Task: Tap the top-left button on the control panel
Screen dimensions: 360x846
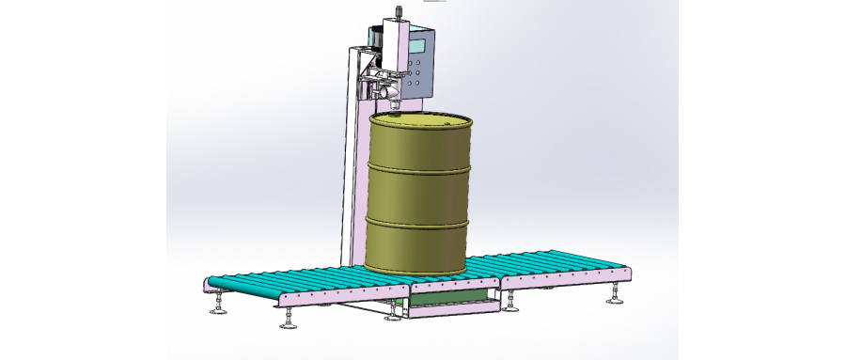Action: coord(411,64)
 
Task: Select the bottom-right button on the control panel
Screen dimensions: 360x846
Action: coord(418,83)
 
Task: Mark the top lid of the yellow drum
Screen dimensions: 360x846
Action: coord(419,121)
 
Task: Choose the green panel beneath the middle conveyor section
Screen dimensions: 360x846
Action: coord(451,298)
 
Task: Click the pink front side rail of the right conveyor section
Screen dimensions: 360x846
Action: coord(564,278)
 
